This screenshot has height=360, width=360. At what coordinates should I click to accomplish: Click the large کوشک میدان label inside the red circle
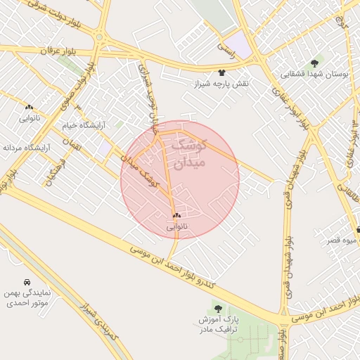pos(187,154)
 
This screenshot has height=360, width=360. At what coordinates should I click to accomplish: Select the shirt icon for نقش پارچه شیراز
pos(222,72)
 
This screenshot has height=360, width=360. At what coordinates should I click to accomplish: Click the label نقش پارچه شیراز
pos(222,84)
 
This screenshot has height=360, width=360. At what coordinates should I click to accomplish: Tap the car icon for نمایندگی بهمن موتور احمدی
pos(27,281)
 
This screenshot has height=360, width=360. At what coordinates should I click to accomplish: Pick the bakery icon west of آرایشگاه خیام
pos(29,107)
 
